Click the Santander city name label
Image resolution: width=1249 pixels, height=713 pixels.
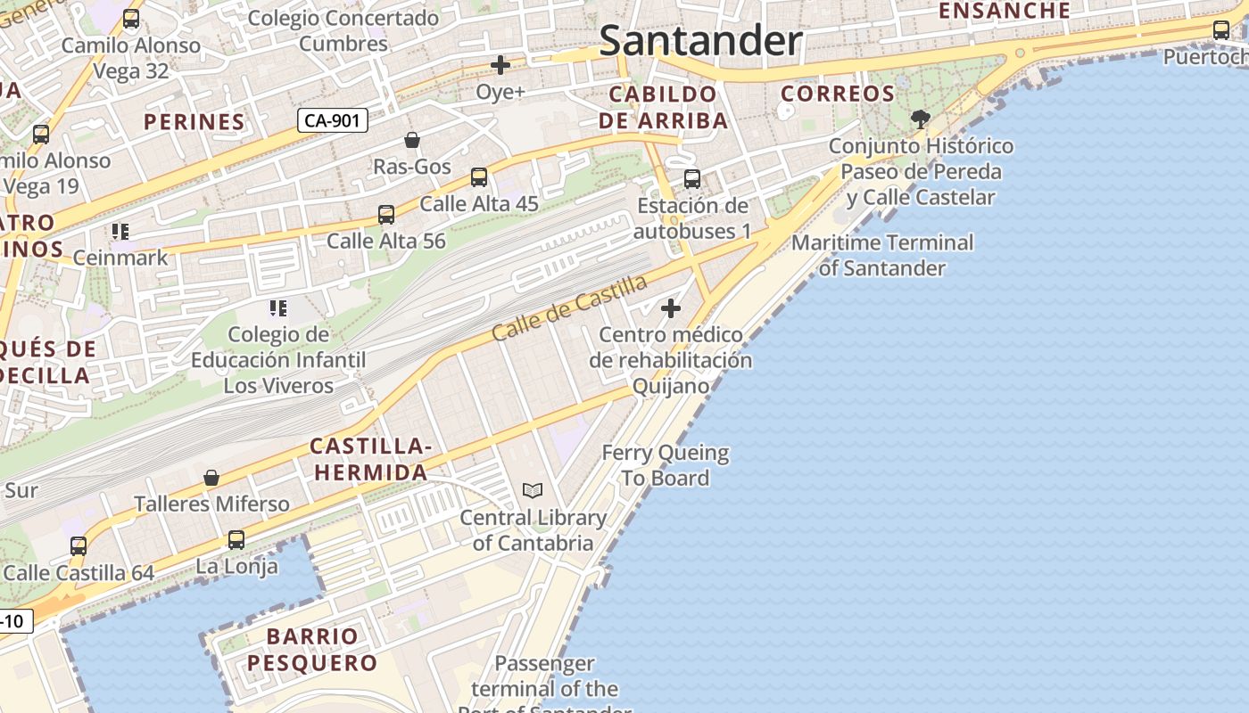(x=700, y=41)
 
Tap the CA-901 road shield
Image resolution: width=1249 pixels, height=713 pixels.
(x=332, y=120)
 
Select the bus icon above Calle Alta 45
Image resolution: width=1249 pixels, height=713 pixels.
(x=479, y=177)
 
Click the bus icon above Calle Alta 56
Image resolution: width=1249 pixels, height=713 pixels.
(x=386, y=215)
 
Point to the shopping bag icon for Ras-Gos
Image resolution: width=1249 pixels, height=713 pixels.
(x=412, y=140)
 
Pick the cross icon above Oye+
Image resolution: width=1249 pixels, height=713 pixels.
(x=500, y=65)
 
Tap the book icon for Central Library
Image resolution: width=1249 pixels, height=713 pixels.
(x=533, y=490)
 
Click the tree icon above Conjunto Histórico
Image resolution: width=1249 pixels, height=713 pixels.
(x=921, y=119)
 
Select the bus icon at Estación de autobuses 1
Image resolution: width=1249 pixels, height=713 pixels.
(x=692, y=179)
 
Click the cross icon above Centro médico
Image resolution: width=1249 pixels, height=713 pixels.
(x=671, y=309)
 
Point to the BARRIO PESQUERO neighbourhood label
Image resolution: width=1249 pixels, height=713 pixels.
(x=312, y=650)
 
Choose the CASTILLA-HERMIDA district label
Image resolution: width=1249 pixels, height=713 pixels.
(x=370, y=459)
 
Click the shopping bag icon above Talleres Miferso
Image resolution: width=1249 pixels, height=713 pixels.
(x=211, y=479)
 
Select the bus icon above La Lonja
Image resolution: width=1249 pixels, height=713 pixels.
(x=236, y=540)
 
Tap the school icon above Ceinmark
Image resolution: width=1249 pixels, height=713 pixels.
(x=120, y=233)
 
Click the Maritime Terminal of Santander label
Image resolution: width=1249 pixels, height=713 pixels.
(x=882, y=255)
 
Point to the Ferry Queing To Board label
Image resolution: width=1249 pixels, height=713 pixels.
(x=666, y=465)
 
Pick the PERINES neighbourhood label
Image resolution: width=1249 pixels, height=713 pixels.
(x=194, y=122)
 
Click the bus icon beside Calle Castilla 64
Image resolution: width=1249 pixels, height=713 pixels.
(x=79, y=546)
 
